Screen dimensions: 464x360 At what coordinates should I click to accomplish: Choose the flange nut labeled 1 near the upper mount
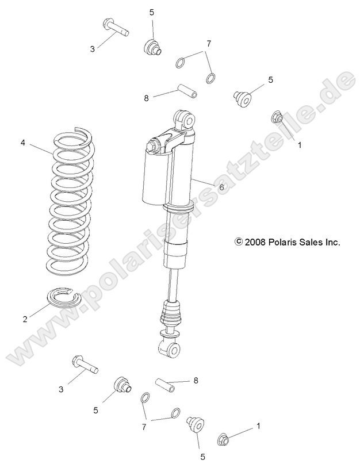[x=277, y=118]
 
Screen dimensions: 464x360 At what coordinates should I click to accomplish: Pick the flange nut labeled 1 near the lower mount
[x=224, y=439]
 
